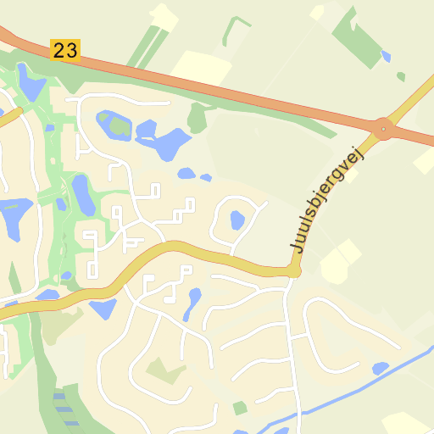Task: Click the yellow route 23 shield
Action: click(x=65, y=50)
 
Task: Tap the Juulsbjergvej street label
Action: click(x=327, y=200)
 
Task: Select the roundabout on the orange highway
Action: click(x=385, y=129)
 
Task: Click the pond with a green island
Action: click(x=114, y=126)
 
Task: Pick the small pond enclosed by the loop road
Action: click(x=237, y=220)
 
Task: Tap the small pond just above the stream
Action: click(x=380, y=368)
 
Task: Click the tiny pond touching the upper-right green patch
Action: click(x=387, y=56)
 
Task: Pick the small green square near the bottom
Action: click(x=240, y=408)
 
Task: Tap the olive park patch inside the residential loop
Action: click(x=166, y=370)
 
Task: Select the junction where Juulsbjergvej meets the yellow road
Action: click(x=293, y=270)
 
